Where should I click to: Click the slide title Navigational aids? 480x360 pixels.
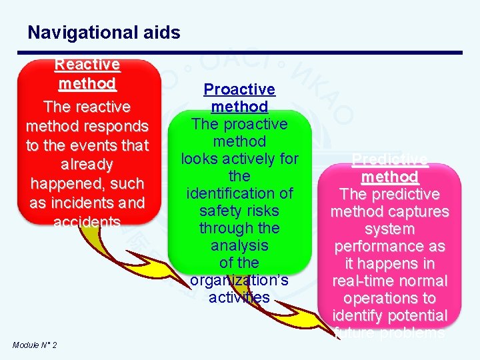[103, 32]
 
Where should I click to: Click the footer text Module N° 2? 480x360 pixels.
[35, 345]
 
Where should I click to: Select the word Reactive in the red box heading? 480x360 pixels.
[87, 65]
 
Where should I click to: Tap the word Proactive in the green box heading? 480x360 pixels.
[239, 89]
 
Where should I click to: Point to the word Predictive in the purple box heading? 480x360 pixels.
[389, 159]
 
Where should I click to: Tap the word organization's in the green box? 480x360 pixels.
[239, 280]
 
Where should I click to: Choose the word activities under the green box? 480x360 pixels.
[239, 297]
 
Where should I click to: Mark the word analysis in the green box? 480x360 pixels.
[239, 245]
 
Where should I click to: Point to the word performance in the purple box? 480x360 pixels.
[389, 246]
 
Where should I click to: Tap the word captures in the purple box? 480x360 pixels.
[421, 211]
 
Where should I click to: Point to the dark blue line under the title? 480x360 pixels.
[244, 53]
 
